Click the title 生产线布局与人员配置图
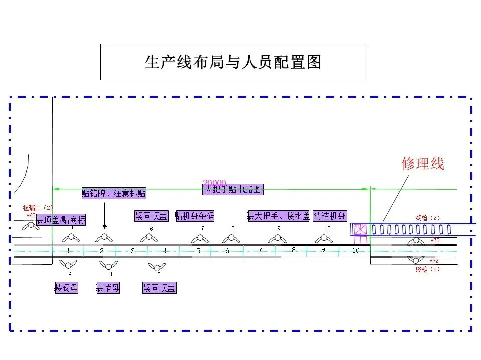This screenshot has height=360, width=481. pos(233,62)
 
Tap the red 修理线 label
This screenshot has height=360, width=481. pos(423,163)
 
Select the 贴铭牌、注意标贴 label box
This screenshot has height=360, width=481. pos(114,193)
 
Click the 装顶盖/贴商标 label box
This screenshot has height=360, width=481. pos(61,220)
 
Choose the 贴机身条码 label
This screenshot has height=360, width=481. pos(194,216)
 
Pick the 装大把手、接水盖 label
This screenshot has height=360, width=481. pos(279,216)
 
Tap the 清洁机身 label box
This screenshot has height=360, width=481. pos(329,216)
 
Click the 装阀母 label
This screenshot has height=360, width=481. pos(66,288)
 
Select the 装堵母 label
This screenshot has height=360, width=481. pos(108,288)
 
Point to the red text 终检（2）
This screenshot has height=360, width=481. pos(428,218)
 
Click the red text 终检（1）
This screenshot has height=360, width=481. pos(428,270)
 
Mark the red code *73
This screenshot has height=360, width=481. pos(434,241)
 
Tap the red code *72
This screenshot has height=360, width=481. pos(434,261)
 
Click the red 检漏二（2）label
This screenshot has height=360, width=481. pos(38,207)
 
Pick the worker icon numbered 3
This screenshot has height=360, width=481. pos(68,264)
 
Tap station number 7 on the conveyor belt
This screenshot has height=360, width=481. pos(260,250)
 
